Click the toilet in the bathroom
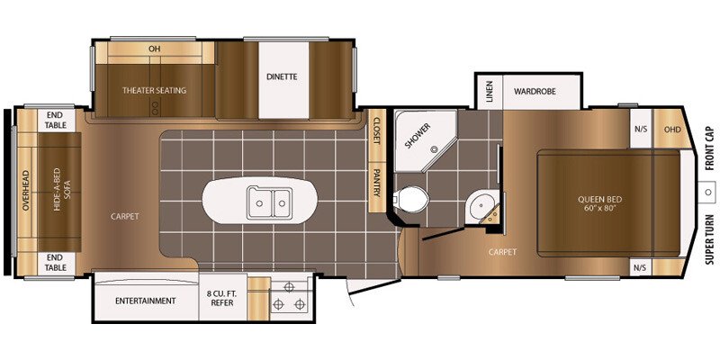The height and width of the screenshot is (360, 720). point(411,199)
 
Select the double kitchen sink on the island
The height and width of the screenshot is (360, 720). point(268,202)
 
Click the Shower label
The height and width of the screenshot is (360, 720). point(418,136)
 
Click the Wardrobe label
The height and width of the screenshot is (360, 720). point(535,92)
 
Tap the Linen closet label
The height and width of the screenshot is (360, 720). point(490,92)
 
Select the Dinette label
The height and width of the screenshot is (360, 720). point(282,76)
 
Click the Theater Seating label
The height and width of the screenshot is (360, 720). point(154,91)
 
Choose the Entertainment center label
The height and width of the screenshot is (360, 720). point(146,301)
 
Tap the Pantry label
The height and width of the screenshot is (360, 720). point(377,183)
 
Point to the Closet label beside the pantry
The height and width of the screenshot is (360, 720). point(377,130)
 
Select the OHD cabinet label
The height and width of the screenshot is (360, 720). point(672,129)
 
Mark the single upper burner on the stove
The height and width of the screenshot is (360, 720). point(288,287)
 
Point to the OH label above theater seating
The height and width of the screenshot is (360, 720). point(155,49)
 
